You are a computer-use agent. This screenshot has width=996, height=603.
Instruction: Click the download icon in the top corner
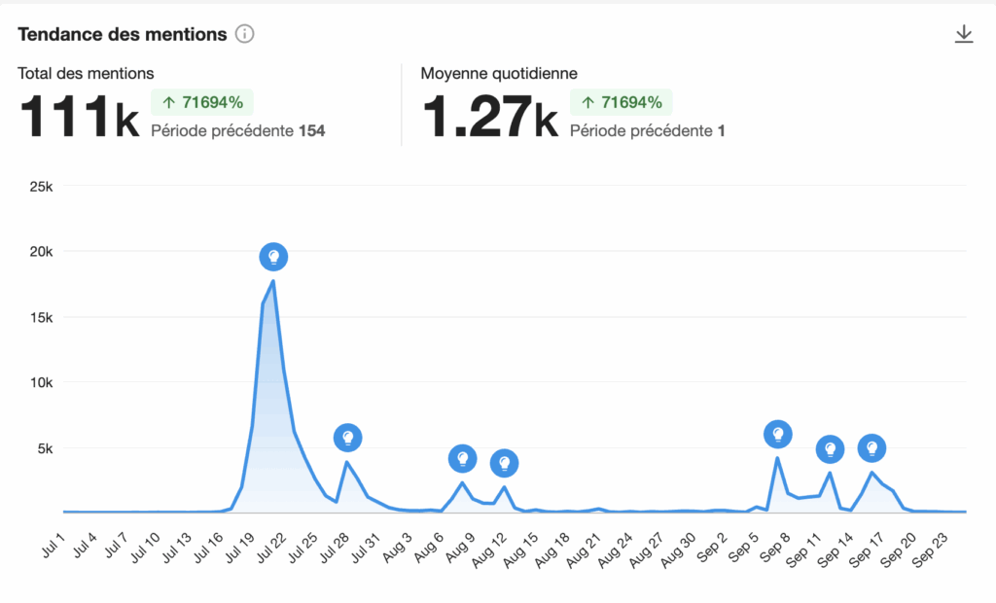click(x=964, y=34)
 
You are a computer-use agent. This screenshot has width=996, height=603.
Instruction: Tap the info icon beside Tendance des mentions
click(x=245, y=35)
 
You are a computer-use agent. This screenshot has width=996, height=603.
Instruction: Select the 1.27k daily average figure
click(x=489, y=116)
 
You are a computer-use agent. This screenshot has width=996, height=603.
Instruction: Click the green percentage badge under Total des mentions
click(x=202, y=102)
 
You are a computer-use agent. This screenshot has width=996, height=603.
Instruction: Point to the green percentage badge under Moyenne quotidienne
click(x=622, y=102)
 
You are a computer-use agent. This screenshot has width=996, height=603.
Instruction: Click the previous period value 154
click(x=311, y=131)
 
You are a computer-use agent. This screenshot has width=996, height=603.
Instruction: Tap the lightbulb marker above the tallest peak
click(x=274, y=257)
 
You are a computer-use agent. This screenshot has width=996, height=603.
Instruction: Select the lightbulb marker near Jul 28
click(x=348, y=438)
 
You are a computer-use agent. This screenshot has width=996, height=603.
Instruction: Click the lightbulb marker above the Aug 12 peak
click(x=504, y=463)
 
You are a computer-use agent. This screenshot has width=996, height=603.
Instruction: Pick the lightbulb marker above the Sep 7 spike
click(x=777, y=435)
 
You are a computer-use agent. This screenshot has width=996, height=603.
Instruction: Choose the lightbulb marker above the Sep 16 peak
click(x=872, y=448)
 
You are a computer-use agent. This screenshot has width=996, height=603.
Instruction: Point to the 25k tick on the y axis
click(x=39, y=186)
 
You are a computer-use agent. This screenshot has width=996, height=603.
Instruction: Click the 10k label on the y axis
click(x=39, y=382)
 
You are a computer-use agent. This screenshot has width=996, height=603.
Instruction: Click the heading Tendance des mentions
click(x=123, y=34)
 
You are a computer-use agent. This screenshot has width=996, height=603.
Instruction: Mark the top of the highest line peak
click(x=273, y=281)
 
